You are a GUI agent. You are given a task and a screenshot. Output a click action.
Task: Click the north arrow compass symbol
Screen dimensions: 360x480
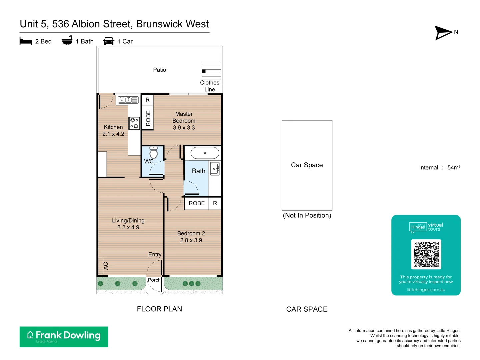443,33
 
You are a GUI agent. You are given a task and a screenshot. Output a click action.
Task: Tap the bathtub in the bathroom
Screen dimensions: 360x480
205,153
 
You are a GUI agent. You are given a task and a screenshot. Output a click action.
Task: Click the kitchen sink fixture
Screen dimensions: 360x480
128,99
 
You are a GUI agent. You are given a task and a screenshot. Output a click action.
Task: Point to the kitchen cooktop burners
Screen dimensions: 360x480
134,123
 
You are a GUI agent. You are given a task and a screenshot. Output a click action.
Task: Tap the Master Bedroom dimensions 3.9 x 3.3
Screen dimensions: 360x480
184,128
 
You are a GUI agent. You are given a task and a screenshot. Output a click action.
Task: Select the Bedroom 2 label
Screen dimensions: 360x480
191,233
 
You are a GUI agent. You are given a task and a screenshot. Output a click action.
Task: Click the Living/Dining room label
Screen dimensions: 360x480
128,221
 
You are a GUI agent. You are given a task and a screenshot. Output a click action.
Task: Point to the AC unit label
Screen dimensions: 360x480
106,266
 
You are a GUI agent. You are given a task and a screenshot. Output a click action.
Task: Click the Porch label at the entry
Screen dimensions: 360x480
154,280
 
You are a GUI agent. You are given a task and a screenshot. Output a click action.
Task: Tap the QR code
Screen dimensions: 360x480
426,254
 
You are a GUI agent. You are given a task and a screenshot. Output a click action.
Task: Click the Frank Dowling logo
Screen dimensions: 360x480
64,337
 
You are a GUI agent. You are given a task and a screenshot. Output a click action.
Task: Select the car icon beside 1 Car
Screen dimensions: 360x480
109,41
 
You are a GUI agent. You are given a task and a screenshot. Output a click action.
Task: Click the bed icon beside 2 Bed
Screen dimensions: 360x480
26,41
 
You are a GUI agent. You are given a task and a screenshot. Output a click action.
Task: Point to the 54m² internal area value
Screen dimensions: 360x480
454,167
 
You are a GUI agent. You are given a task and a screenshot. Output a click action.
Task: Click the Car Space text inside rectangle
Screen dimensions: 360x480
307,165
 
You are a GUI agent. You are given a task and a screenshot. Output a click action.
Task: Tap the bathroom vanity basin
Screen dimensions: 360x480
215,169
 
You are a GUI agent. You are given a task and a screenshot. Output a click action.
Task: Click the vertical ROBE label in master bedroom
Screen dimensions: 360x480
148,118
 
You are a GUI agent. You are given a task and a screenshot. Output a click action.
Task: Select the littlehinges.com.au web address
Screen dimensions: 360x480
426,290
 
